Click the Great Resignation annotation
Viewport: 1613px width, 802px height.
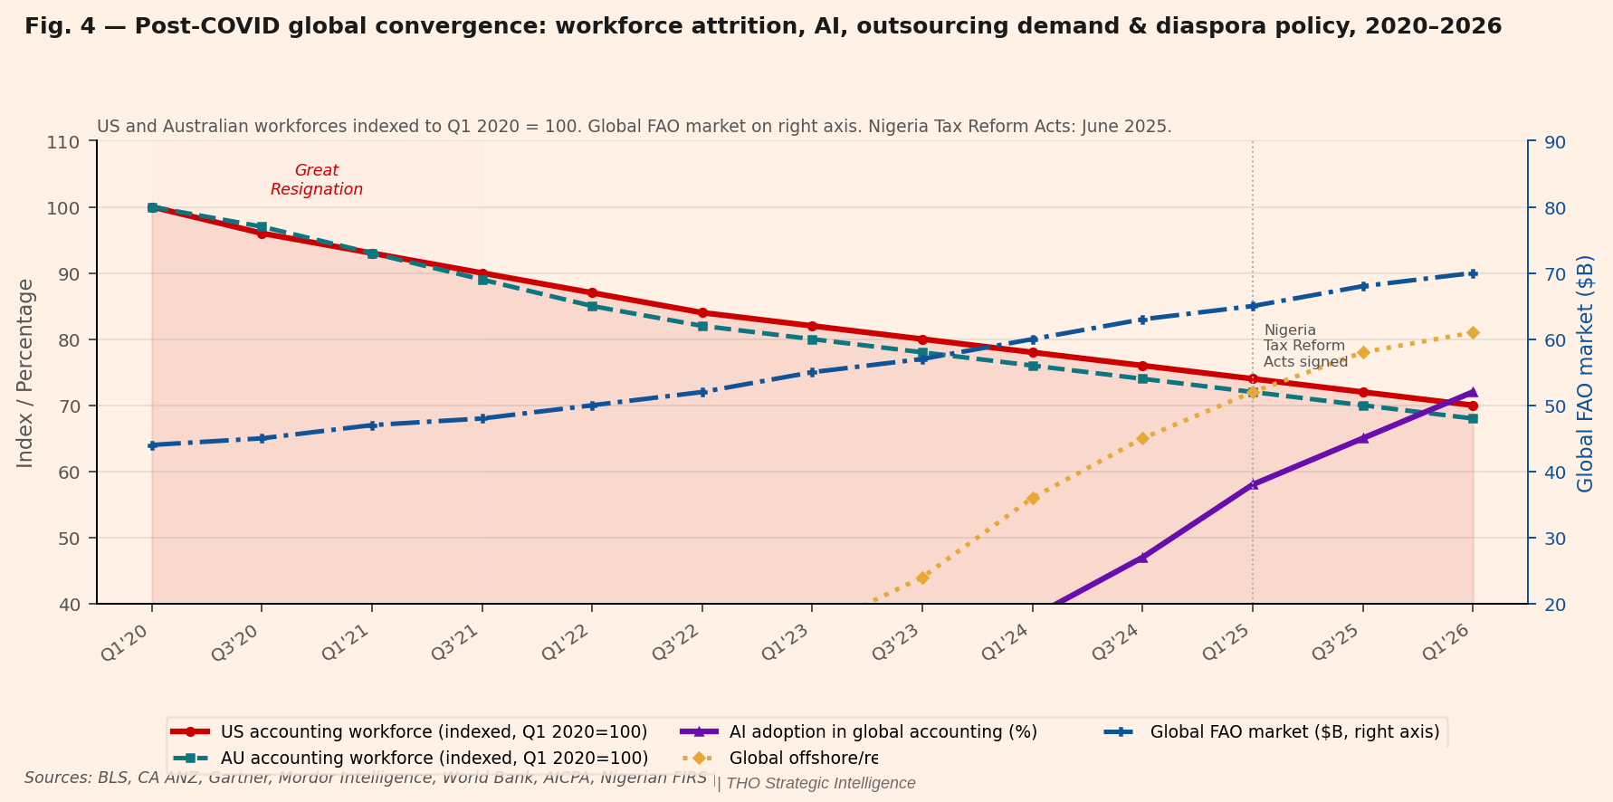(317, 180)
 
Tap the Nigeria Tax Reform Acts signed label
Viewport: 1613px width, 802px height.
(1304, 346)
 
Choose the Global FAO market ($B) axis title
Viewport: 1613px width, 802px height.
(1585, 373)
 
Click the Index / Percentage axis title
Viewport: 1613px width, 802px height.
(25, 373)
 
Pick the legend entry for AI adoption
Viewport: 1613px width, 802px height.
(883, 731)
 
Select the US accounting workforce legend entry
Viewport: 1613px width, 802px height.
(434, 731)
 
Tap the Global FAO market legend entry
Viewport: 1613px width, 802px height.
(1294, 731)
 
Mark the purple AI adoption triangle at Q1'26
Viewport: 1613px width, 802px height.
(1473, 392)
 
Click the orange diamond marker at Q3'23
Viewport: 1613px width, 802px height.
(922, 578)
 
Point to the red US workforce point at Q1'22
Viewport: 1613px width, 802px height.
(592, 292)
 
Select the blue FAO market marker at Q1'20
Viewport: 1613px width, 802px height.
(152, 445)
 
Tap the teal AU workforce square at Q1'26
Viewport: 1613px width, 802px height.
(1473, 418)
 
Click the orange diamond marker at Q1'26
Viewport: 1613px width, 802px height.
(1473, 333)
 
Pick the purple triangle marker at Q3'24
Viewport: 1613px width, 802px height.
(1142, 558)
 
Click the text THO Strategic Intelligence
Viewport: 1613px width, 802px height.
(821, 784)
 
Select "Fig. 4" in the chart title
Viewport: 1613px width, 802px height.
(57, 27)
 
